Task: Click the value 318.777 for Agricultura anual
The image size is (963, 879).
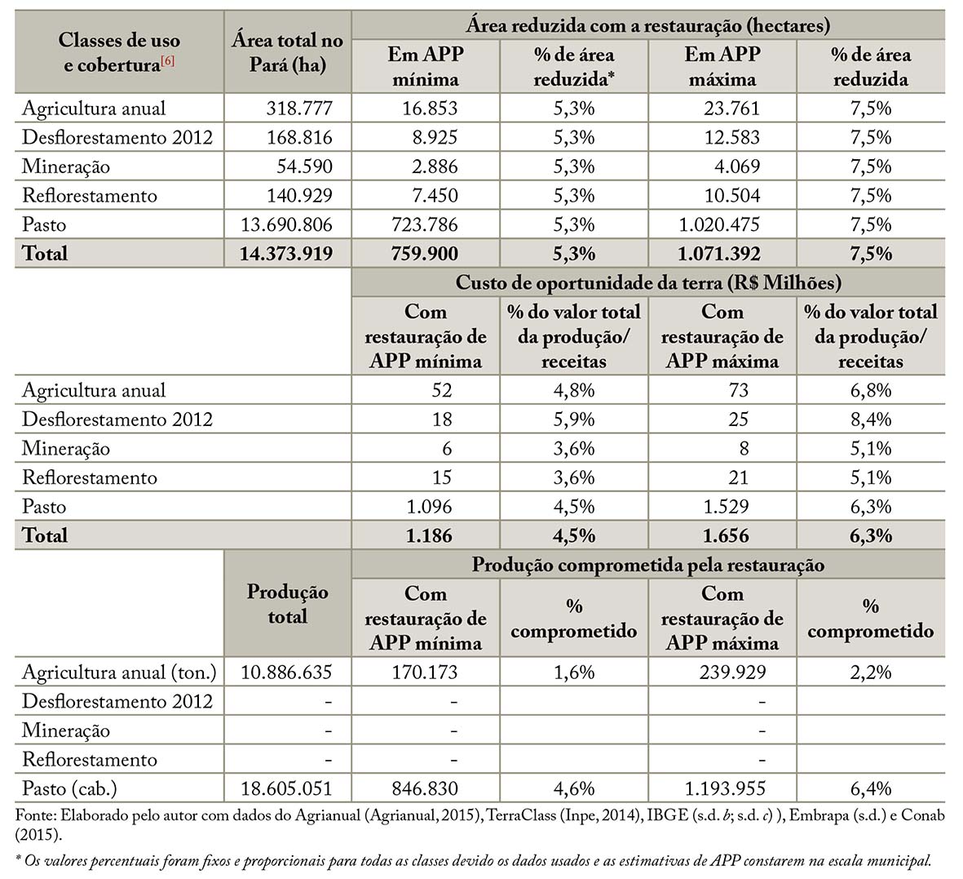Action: [x=299, y=109]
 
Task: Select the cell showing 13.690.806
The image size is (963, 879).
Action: [x=287, y=224]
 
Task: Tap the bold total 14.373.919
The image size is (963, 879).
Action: [x=286, y=253]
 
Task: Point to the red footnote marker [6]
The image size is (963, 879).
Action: [x=167, y=60]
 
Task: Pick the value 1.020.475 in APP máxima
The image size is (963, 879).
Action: [x=719, y=224]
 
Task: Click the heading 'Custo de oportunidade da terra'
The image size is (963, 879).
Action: [x=648, y=282]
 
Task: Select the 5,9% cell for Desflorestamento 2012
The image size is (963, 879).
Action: [x=573, y=420]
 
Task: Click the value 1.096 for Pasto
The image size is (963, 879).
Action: [x=429, y=507]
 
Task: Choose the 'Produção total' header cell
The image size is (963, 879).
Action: [x=287, y=604]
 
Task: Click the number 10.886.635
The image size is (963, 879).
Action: [x=286, y=672]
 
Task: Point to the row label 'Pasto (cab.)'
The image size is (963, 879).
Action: [x=69, y=788]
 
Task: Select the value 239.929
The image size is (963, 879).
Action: [x=733, y=672]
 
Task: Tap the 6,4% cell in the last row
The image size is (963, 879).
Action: [x=871, y=788]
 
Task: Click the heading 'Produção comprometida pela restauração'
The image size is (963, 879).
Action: [x=648, y=564]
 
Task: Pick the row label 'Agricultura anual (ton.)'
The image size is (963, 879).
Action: [x=120, y=672]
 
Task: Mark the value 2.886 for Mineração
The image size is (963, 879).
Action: [x=435, y=166]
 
